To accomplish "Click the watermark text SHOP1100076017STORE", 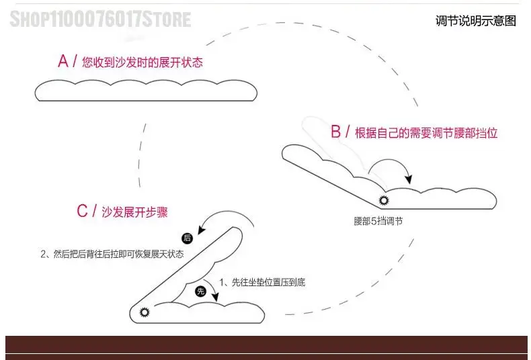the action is click(x=100, y=18).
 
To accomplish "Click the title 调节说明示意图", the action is click(x=476, y=21).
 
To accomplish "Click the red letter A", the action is click(x=63, y=62).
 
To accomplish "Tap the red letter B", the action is click(x=336, y=132).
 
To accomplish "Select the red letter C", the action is click(x=83, y=212).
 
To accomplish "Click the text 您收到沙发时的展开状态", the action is click(x=142, y=63).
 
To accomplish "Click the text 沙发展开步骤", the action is click(x=134, y=212).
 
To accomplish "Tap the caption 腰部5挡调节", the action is click(x=378, y=221).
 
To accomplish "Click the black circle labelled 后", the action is click(x=188, y=238).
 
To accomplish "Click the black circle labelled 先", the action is click(x=200, y=291).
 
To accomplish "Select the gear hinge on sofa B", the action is click(x=384, y=199).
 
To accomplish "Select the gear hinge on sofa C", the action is click(x=142, y=312).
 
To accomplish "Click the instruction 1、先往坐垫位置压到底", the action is click(x=262, y=282).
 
